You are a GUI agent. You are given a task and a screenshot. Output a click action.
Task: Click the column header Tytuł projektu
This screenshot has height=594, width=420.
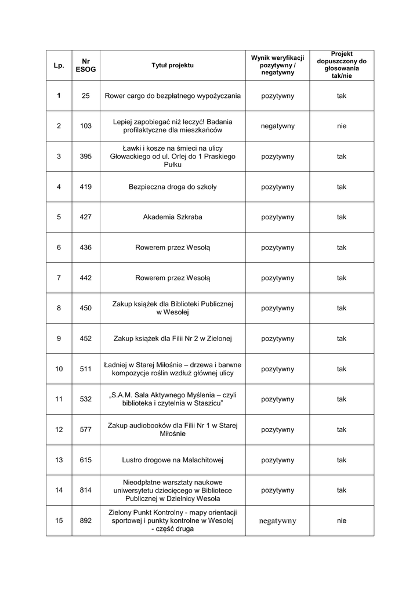172,66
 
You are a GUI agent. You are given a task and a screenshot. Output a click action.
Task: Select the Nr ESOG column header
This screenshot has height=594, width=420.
86,66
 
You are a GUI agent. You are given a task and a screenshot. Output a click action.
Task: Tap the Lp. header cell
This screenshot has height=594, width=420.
59,66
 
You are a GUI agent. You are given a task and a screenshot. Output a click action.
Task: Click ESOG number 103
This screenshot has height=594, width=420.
86,126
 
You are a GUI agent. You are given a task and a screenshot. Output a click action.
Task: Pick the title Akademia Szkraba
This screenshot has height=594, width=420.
172,218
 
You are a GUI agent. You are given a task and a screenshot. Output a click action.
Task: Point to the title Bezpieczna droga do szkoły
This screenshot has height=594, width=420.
172,187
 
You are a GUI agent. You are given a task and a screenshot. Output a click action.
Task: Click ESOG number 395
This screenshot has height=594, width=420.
86,157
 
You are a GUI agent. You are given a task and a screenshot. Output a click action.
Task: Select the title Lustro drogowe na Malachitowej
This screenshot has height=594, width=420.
172,460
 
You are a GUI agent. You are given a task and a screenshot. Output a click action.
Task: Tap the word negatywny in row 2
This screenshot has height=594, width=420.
277,126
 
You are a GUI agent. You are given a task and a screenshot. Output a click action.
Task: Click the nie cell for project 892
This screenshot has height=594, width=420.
341,521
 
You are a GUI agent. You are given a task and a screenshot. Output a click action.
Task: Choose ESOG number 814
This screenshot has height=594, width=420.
86,490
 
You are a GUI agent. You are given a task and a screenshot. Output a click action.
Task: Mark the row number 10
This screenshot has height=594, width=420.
59,369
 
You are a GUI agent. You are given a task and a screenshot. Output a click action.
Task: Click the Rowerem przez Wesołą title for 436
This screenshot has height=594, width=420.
172,248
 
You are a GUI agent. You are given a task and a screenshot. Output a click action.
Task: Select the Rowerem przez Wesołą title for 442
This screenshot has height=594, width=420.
172,278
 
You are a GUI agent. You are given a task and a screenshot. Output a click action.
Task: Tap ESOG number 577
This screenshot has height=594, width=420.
86,430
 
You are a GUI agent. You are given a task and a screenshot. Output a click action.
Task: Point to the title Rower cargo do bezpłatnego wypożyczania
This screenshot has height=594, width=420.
172,96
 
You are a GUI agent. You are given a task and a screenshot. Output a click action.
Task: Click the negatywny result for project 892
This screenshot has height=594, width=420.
277,521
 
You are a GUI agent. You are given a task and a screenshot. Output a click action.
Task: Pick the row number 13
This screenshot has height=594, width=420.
59,460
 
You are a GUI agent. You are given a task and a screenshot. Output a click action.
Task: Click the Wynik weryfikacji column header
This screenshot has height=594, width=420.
277,66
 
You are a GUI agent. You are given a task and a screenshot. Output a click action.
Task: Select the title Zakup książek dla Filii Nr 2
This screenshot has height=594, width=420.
172,339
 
